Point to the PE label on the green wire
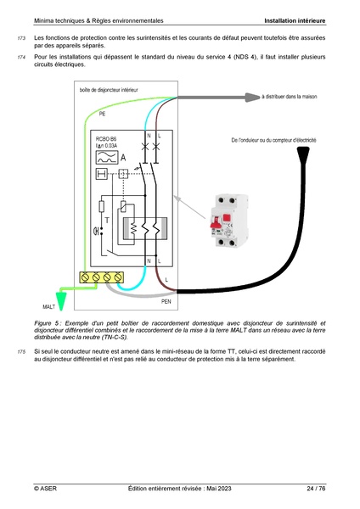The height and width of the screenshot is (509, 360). [103, 113]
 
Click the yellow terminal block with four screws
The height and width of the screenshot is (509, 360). [100, 277]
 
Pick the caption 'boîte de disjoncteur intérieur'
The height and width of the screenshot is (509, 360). [110, 88]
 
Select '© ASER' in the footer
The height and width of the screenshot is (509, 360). [45, 489]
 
